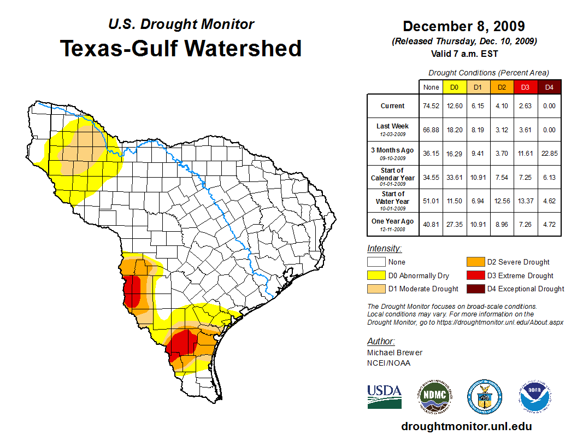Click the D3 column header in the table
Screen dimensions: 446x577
(x=525, y=87)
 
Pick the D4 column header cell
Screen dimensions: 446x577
(x=549, y=87)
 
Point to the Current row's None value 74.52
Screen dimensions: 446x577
(x=431, y=106)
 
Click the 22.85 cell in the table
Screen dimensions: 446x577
(x=549, y=154)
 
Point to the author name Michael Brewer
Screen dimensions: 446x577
(x=395, y=353)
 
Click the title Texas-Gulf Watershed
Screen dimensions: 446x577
(x=180, y=48)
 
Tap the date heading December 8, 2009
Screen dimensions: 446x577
(x=464, y=26)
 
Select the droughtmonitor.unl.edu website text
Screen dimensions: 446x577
(x=466, y=426)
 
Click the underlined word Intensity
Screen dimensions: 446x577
(x=384, y=249)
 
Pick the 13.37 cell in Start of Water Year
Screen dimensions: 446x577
(x=525, y=201)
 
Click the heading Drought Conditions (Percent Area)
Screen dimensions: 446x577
(x=488, y=73)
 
